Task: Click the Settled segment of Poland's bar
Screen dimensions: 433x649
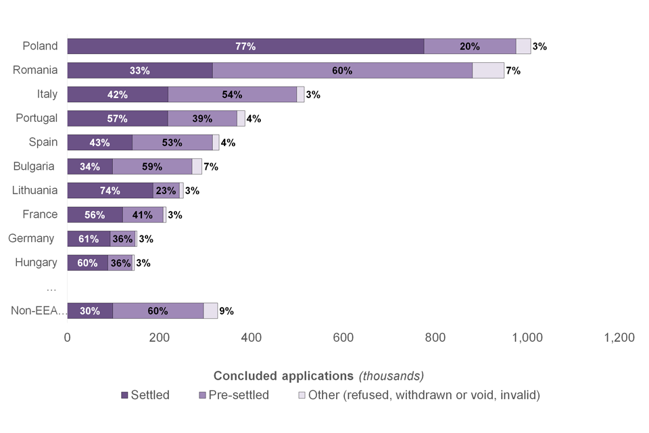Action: tap(245, 47)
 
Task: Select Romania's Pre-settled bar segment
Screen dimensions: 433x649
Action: tap(342, 70)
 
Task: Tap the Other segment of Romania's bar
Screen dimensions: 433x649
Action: tap(487, 70)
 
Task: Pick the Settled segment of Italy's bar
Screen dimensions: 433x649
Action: tap(118, 95)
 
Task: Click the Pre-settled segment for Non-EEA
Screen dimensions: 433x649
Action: tap(158, 311)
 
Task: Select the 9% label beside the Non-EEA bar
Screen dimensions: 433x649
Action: tap(226, 311)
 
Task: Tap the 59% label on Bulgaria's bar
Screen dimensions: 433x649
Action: tap(152, 167)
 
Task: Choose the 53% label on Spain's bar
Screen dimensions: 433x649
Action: tap(172, 143)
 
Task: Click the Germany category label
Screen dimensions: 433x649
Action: tap(31, 238)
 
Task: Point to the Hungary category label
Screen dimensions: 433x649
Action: tap(36, 263)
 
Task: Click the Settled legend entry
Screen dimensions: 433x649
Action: tap(145, 395)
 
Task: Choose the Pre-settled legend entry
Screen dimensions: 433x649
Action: tap(234, 395)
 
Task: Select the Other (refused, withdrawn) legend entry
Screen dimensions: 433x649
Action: tap(419, 395)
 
